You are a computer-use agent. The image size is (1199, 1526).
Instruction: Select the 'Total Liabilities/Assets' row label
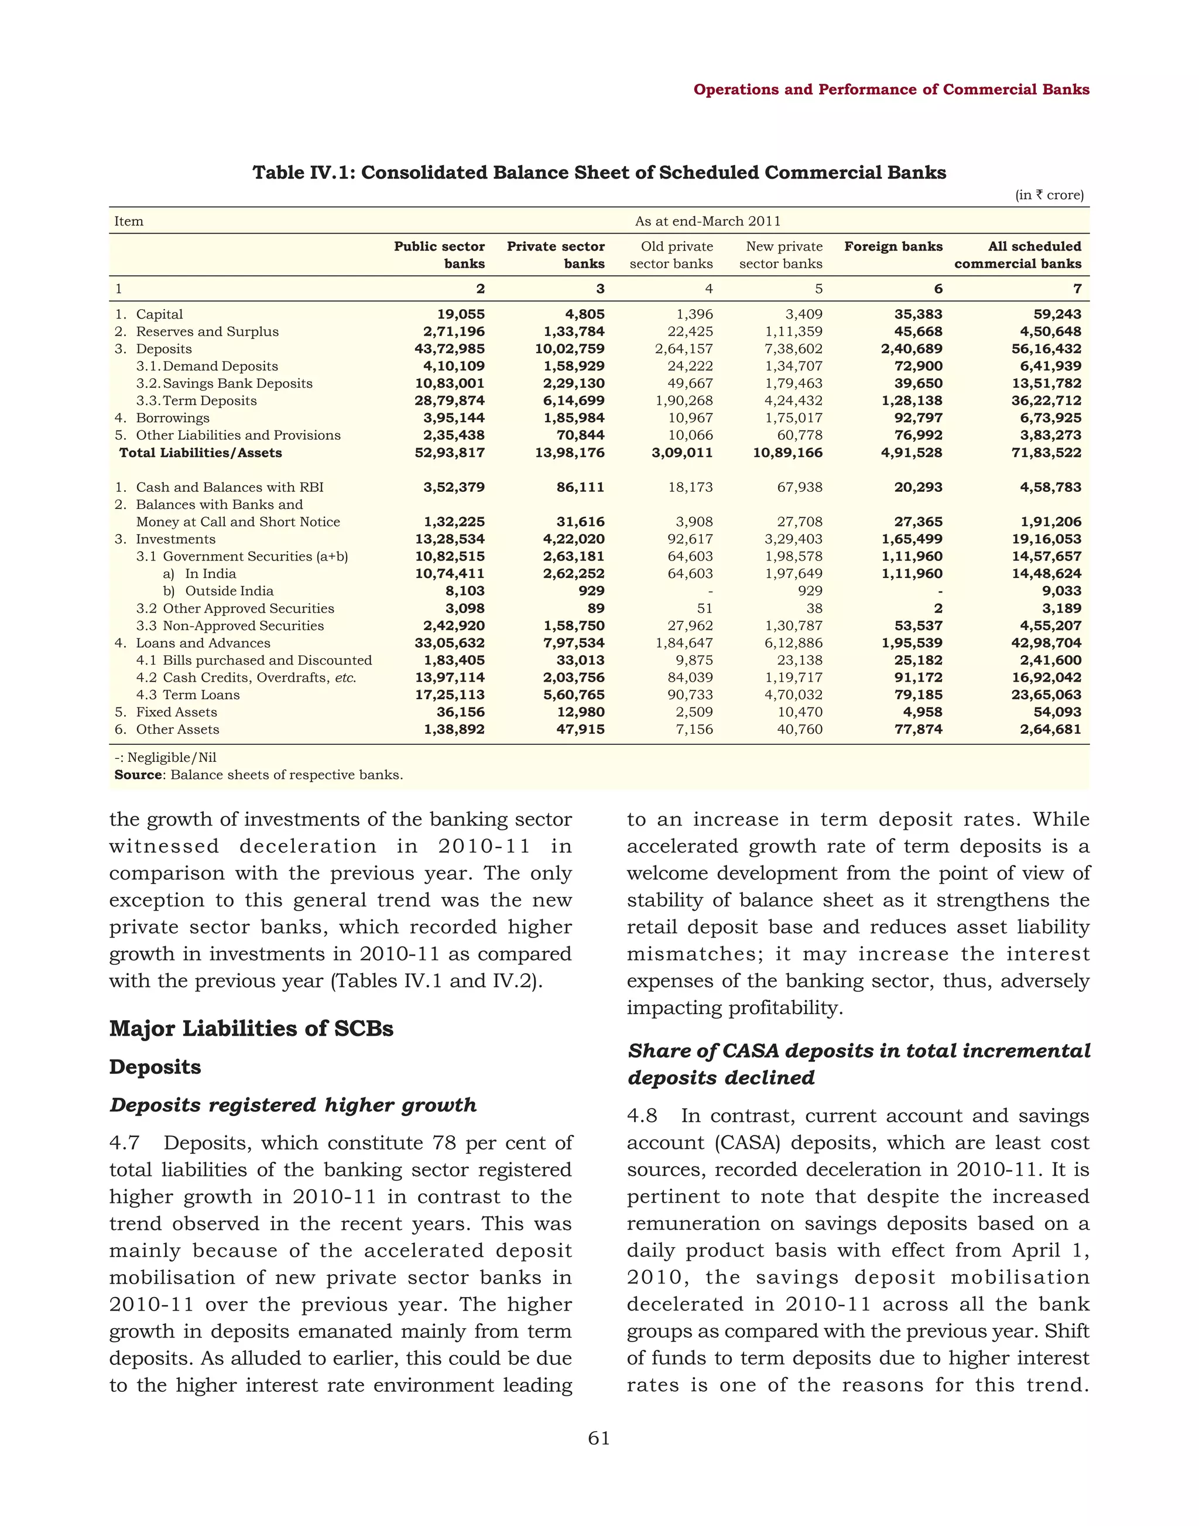tap(201, 453)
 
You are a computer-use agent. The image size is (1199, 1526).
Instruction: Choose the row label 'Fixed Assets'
tap(176, 712)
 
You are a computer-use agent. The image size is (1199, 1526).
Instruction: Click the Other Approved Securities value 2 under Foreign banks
tap(938, 609)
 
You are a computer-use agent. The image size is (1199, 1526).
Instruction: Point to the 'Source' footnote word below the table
tap(138, 775)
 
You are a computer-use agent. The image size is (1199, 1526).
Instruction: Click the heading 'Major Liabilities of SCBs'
tap(251, 1029)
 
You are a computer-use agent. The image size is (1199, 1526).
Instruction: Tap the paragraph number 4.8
tap(642, 1116)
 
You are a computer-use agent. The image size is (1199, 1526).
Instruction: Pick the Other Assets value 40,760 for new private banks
tap(799, 730)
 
